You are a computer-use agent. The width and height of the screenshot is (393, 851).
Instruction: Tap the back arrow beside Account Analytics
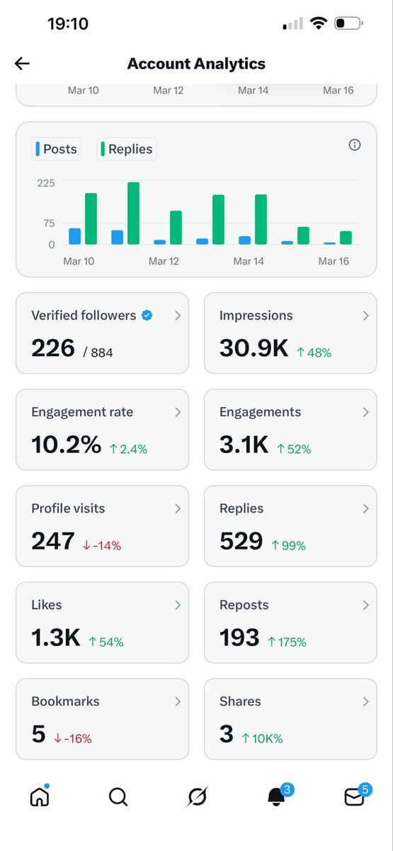tap(22, 64)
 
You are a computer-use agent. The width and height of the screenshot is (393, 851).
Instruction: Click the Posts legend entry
tap(56, 149)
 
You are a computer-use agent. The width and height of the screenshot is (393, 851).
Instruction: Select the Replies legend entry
tap(126, 149)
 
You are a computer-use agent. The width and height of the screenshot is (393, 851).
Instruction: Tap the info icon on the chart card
tap(355, 145)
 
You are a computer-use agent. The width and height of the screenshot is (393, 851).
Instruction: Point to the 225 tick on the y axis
tap(45, 182)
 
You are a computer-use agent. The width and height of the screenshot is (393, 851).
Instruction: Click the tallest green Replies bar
tap(133, 213)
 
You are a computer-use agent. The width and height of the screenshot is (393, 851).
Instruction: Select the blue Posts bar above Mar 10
tap(74, 236)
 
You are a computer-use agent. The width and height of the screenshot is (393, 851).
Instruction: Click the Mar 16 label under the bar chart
tap(334, 261)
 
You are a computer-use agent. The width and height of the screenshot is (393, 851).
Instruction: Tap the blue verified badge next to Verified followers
tap(147, 316)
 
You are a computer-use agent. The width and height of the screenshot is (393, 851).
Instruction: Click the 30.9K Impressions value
tap(254, 348)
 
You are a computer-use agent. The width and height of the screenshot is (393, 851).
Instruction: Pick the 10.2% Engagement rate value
tap(66, 445)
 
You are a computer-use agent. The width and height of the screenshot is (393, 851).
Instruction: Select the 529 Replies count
tap(241, 541)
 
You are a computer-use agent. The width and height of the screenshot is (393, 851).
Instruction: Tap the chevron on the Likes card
tap(177, 605)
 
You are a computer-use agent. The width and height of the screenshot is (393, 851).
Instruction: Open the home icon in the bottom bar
tap(40, 797)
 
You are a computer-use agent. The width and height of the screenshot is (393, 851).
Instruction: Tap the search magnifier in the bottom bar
tap(118, 797)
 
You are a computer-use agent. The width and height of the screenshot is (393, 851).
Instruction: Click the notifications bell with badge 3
tap(276, 797)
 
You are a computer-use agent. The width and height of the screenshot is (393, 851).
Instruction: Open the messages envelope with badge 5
tap(354, 797)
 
